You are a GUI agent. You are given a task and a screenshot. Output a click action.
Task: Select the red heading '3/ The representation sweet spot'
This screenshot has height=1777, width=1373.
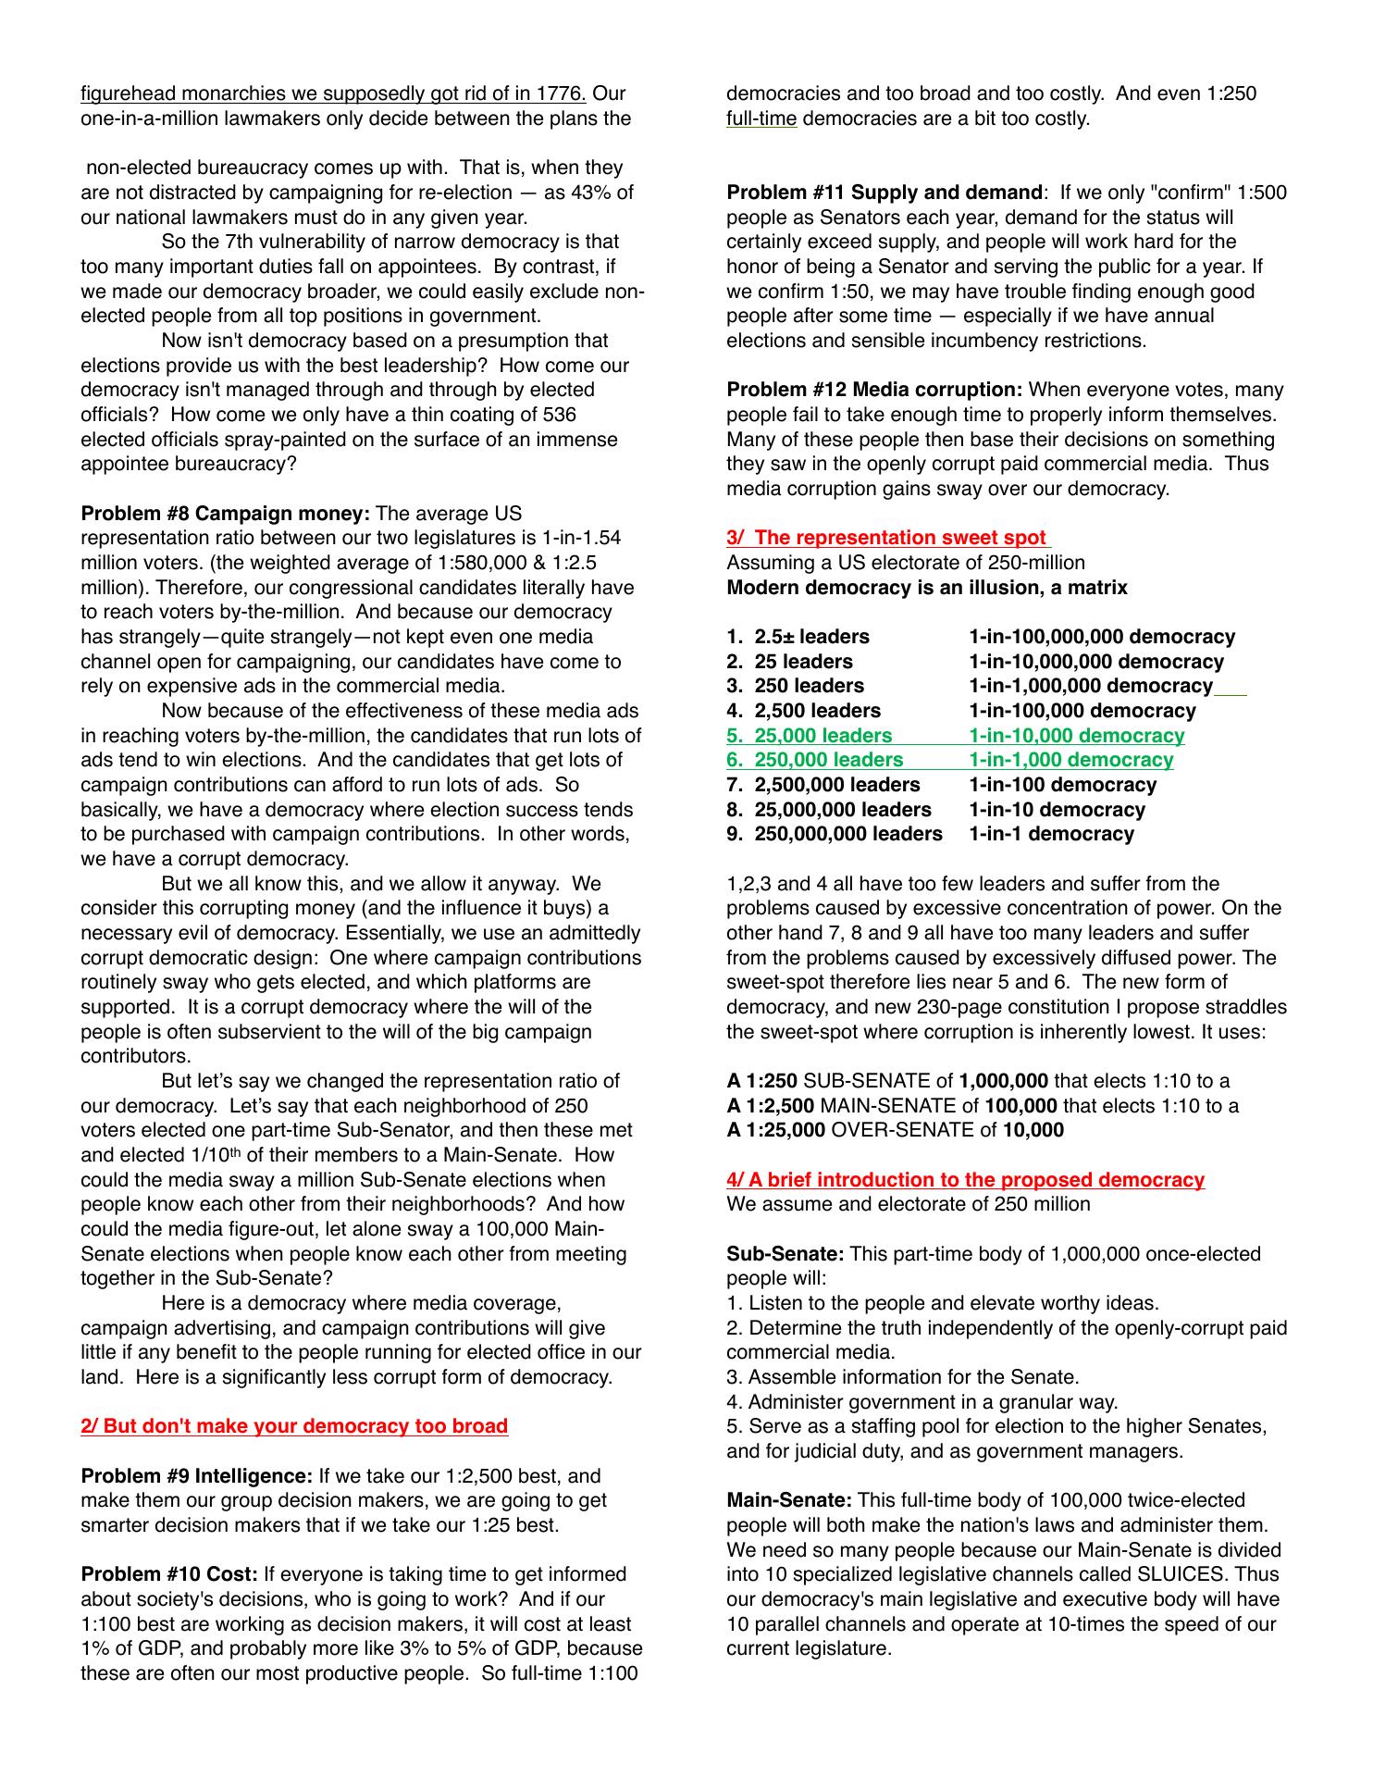[887, 538]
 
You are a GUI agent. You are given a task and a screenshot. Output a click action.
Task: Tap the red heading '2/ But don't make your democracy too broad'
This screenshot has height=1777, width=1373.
[294, 1426]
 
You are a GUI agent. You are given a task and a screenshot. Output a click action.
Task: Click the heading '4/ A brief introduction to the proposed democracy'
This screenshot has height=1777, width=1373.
[965, 1180]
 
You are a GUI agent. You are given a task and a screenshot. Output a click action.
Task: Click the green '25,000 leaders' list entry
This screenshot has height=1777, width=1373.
[823, 736]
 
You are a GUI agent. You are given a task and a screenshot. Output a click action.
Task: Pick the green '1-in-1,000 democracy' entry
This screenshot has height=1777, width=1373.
[1070, 760]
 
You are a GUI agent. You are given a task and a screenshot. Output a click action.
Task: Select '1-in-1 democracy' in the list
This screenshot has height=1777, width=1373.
[1051, 834]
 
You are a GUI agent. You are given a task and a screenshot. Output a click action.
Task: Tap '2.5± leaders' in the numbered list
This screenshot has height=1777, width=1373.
[811, 637]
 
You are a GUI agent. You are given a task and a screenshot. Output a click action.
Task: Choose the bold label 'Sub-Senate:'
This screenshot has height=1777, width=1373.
[785, 1254]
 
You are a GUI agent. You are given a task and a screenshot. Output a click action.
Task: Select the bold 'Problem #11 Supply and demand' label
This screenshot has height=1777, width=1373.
[884, 193]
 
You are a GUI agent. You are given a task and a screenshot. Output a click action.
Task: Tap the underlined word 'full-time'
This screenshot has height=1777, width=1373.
[761, 118]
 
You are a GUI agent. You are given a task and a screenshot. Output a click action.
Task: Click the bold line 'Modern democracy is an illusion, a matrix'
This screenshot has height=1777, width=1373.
[927, 588]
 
